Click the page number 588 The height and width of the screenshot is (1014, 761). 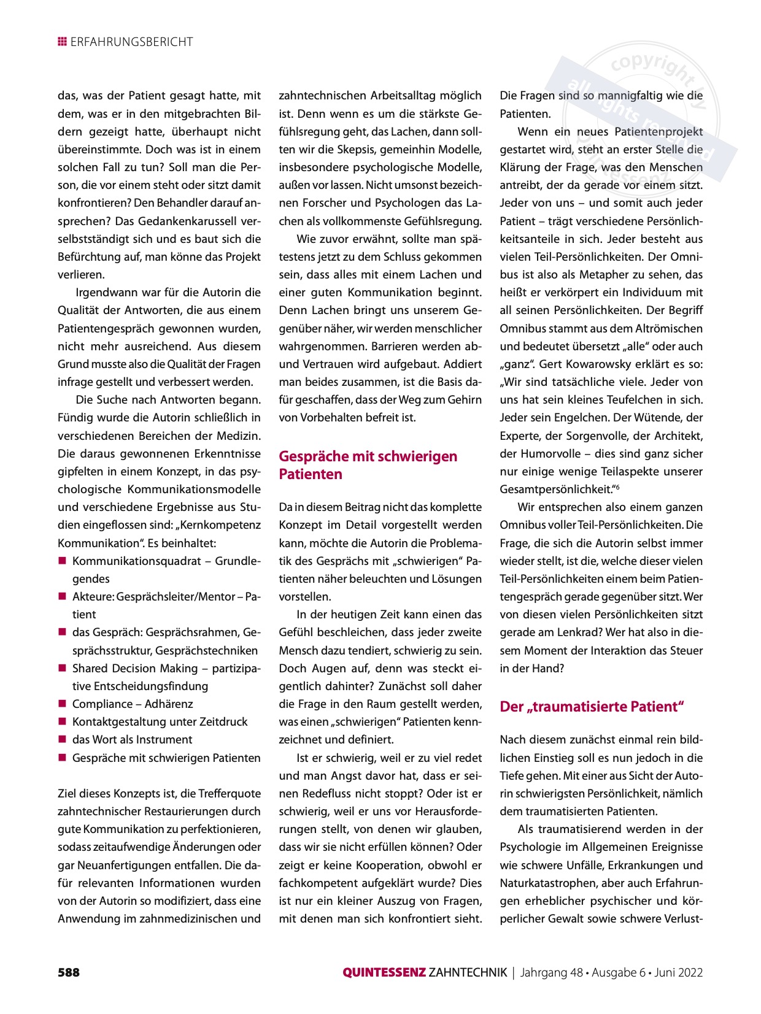[69, 972]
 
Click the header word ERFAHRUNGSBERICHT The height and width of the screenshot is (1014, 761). [131, 42]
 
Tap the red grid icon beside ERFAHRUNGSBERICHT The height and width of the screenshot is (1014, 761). [62, 42]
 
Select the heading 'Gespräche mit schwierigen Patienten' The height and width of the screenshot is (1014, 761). [368, 465]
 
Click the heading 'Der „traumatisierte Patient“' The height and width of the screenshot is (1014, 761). [592, 707]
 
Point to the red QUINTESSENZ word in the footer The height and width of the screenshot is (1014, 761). [384, 972]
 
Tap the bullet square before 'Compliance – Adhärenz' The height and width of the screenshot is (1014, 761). [62, 704]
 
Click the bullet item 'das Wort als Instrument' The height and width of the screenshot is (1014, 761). [132, 740]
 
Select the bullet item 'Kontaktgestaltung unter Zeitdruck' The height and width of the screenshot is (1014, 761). [160, 722]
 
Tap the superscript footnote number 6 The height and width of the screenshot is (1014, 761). [617, 487]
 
